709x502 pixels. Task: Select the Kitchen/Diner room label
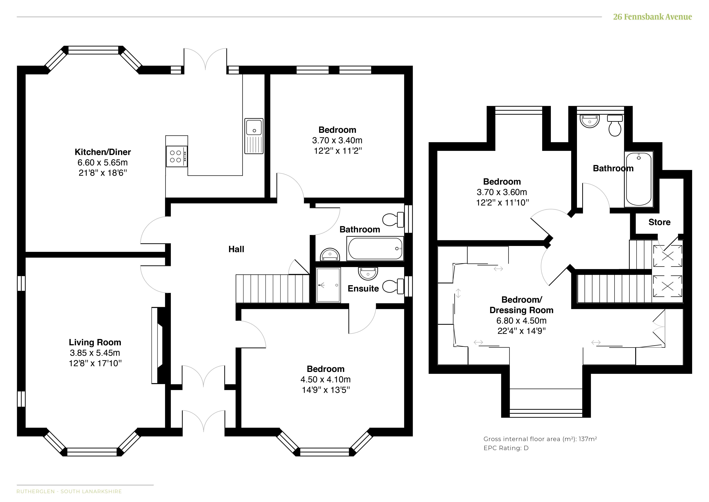point(103,152)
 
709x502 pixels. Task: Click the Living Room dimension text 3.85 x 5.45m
point(95,353)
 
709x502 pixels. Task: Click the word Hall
point(236,249)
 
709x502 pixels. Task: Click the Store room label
point(659,222)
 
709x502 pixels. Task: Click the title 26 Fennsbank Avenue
point(653,17)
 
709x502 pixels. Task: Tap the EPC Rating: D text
point(506,448)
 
